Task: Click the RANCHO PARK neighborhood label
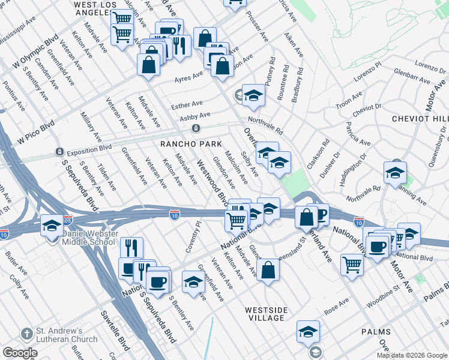190,144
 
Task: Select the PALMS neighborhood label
376,332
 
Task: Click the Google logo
20,353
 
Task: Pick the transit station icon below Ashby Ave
196,128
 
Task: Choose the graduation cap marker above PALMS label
308,331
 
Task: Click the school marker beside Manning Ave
395,173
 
